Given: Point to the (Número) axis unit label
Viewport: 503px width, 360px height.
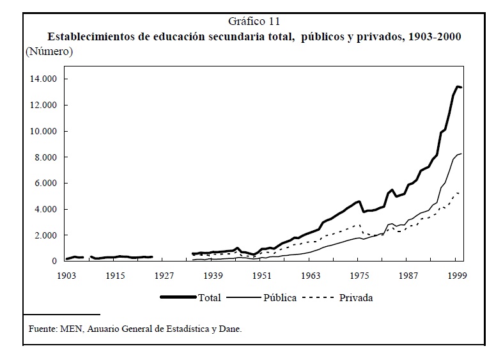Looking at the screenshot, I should coord(49,51).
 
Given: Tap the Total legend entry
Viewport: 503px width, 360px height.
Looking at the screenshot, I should coord(209,297).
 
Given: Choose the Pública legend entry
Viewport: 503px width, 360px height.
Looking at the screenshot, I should coord(279,297).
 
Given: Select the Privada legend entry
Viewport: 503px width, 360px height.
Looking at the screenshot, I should coord(356,297).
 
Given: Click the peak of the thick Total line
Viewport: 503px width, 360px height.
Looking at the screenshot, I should coord(457,86).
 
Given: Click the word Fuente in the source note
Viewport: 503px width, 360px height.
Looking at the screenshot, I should coord(43,329).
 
